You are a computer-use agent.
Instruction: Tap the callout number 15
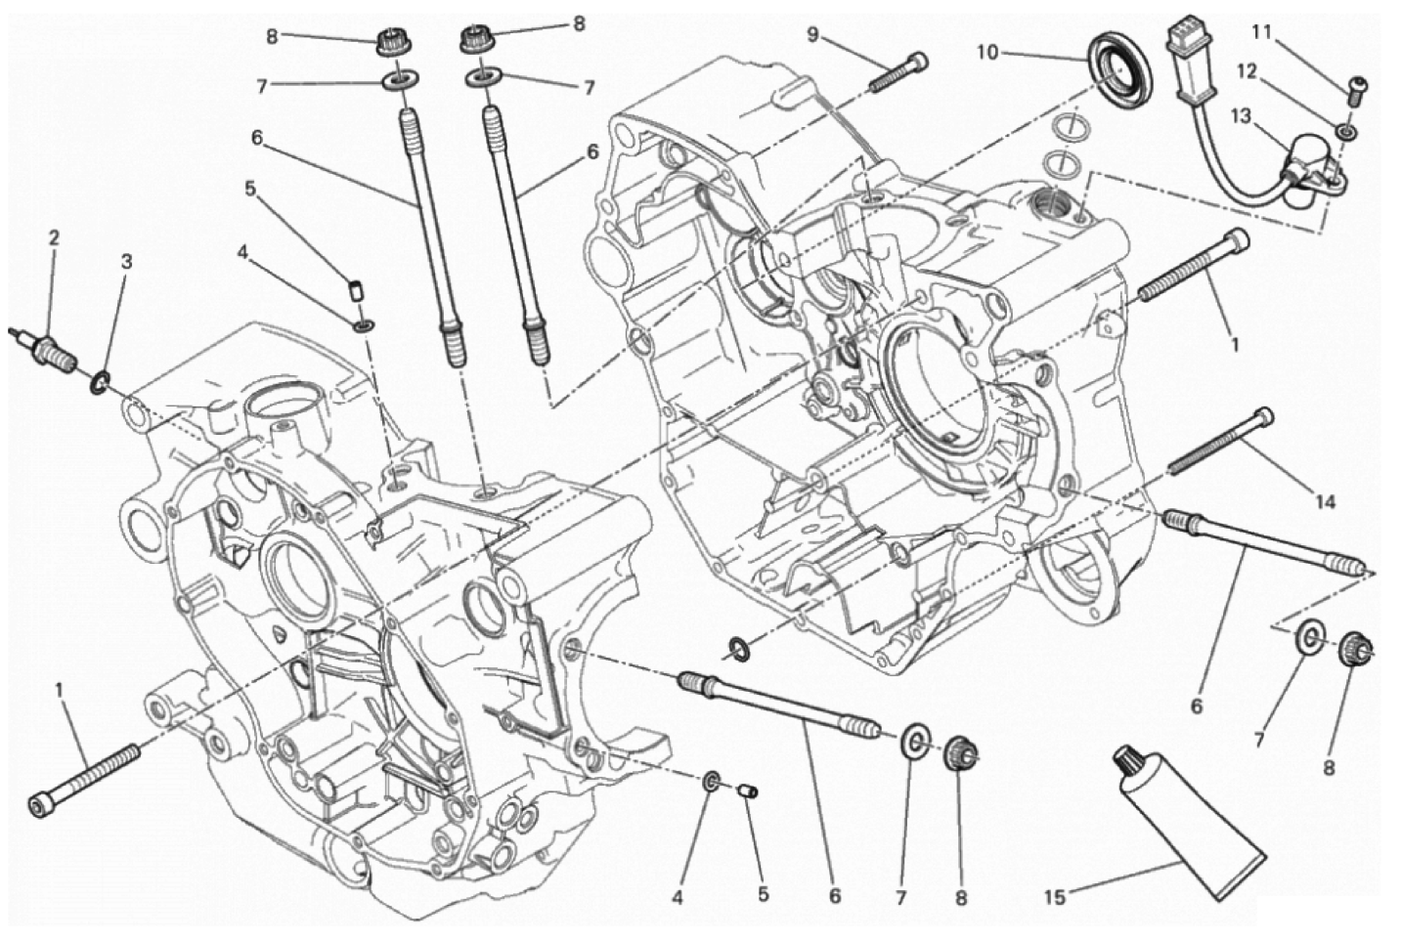pyautogui.click(x=1055, y=898)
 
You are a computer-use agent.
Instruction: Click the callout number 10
pyautogui.click(x=987, y=53)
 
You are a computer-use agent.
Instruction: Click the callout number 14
pyautogui.click(x=1324, y=501)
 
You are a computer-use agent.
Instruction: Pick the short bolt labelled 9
pyautogui.click(x=898, y=72)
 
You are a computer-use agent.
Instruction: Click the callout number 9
pyautogui.click(x=811, y=35)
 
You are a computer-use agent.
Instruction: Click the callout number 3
pyautogui.click(x=126, y=262)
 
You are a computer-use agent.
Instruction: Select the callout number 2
pyautogui.click(x=54, y=237)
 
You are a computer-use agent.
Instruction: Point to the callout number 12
pyautogui.click(x=1247, y=72)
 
